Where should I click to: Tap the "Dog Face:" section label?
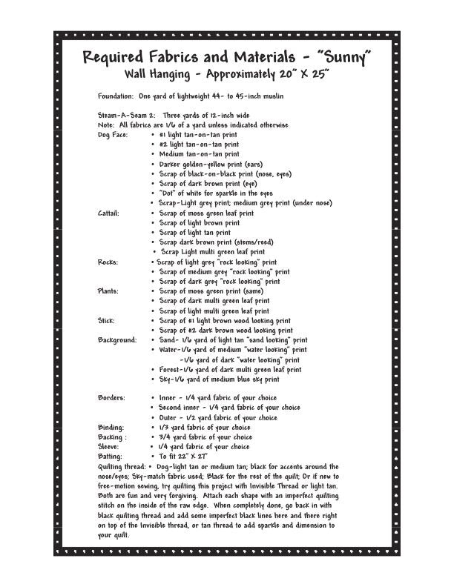pyautogui.click(x=113, y=135)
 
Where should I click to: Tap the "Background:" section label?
pyautogui.click(x=117, y=339)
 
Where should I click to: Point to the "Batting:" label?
pyautogui.click(x=111, y=457)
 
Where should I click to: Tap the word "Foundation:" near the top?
pyautogui.click(x=116, y=96)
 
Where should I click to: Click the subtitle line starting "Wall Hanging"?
pyautogui.click(x=227, y=75)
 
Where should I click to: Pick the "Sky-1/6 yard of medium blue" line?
pyautogui.click(x=219, y=379)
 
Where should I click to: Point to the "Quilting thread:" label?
pyautogui.click(x=122, y=466)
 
